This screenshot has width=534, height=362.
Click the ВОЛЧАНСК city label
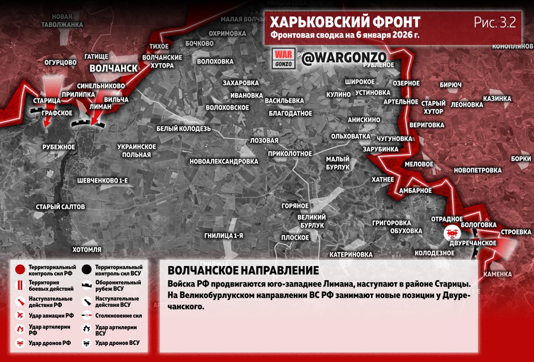pos(113,68)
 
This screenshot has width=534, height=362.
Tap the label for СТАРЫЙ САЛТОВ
pos(60,207)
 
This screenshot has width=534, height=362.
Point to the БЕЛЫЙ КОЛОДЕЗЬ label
pos(184,129)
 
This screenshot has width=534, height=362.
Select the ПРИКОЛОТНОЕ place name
pos(290,154)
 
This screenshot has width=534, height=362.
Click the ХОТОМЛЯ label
pos(87,250)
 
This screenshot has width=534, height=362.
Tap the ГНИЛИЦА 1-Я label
pos(224,235)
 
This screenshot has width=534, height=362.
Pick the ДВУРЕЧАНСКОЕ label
pos(473,243)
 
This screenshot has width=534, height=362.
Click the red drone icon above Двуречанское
pos(451,232)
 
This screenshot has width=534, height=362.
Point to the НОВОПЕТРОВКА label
pos(478,170)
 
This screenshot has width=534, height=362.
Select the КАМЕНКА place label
pos(498,274)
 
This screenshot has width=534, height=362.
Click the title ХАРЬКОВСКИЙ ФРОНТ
pos(345,22)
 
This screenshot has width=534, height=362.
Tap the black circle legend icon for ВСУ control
pos(87,270)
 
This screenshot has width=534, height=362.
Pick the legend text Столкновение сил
pos(118,316)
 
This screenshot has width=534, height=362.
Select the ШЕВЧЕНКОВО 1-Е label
pos(103,180)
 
